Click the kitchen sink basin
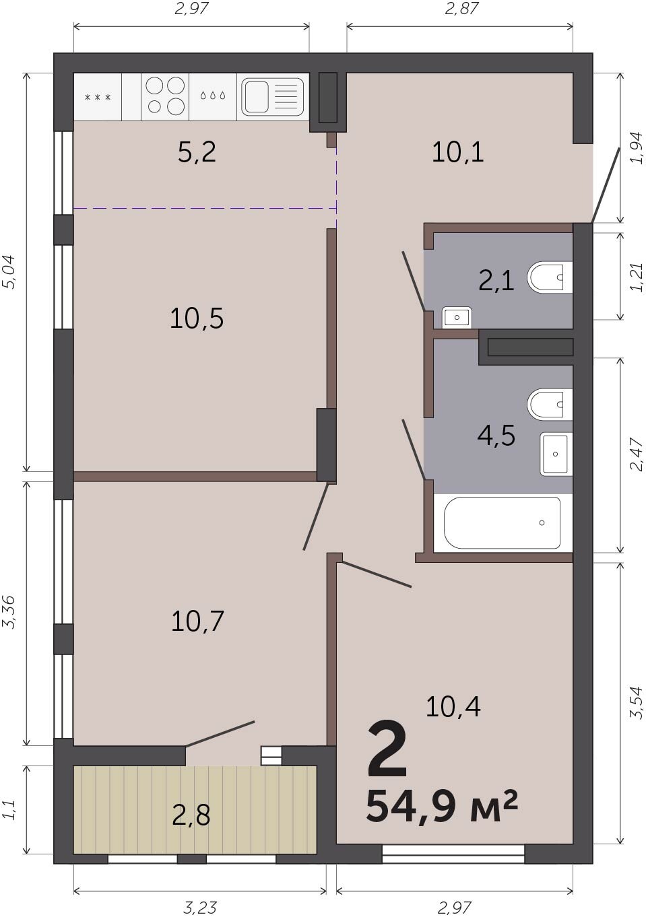coord(255,97)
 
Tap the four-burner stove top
coord(165,96)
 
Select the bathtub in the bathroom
coord(503,522)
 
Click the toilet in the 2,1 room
coord(550,277)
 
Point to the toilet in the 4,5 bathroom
coord(550,405)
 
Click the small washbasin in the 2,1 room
coord(456,317)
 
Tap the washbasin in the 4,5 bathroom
coord(556,454)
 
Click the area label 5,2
coord(197,152)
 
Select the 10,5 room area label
coord(197,318)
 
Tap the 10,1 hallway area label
coord(458,152)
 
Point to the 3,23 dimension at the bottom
coord(199,908)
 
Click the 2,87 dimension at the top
coord(461,8)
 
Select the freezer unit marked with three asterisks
coord(98,97)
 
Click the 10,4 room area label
coord(453,707)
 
